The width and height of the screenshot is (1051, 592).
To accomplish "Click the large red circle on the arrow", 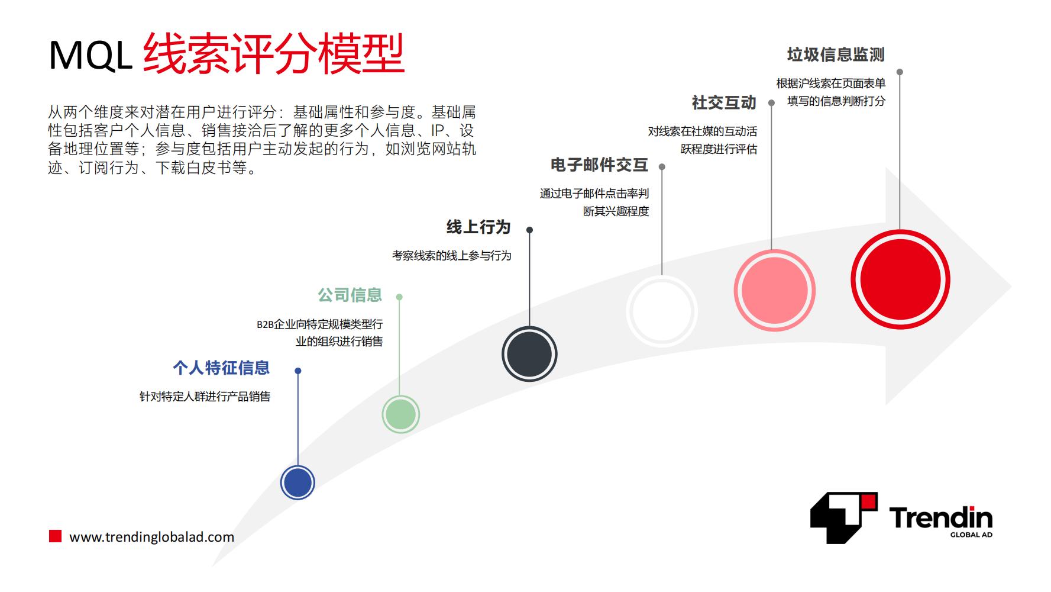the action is (900, 279).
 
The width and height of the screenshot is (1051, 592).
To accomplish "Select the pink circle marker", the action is (774, 290).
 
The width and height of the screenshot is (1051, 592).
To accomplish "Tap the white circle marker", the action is (661, 311).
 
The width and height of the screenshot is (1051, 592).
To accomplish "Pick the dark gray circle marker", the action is (529, 354).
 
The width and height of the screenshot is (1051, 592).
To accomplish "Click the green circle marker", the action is (400, 414).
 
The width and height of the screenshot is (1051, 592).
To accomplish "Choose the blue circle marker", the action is (297, 482).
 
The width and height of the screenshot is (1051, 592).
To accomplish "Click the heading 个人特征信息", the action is (221, 368).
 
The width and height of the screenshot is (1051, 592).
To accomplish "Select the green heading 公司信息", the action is (350, 294).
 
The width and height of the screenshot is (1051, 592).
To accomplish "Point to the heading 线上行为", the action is (478, 227).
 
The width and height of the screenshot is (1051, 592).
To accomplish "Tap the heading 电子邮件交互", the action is (600, 165).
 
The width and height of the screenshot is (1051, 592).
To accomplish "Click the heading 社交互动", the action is (724, 102).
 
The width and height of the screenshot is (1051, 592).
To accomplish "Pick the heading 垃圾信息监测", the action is (836, 54).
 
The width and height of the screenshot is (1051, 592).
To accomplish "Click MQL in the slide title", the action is (90, 56).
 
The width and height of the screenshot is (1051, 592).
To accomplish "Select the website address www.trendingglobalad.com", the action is (152, 537).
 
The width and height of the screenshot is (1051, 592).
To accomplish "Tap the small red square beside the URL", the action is (55, 536).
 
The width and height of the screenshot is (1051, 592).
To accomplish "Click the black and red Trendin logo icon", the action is (844, 518).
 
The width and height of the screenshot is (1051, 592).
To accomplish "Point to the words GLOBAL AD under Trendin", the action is (971, 535).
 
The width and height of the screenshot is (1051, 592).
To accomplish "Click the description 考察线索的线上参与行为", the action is (452, 255).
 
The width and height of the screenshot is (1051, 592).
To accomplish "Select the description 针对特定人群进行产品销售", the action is (205, 396).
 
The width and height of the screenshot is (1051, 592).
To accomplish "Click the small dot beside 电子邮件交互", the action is (662, 167).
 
